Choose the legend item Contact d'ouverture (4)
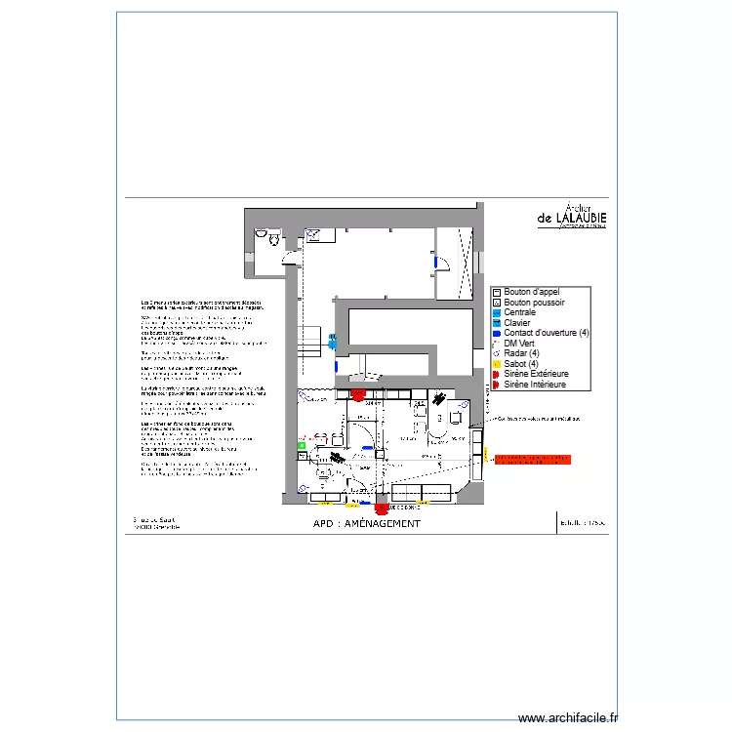click(x=547, y=333)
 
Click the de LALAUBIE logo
click(x=571, y=218)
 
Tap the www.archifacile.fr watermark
click(x=568, y=717)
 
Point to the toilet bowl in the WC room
click(x=274, y=237)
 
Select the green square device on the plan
click(x=302, y=445)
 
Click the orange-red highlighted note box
click(x=532, y=457)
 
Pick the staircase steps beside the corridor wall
click(x=311, y=339)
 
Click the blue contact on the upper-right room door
click(x=433, y=262)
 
